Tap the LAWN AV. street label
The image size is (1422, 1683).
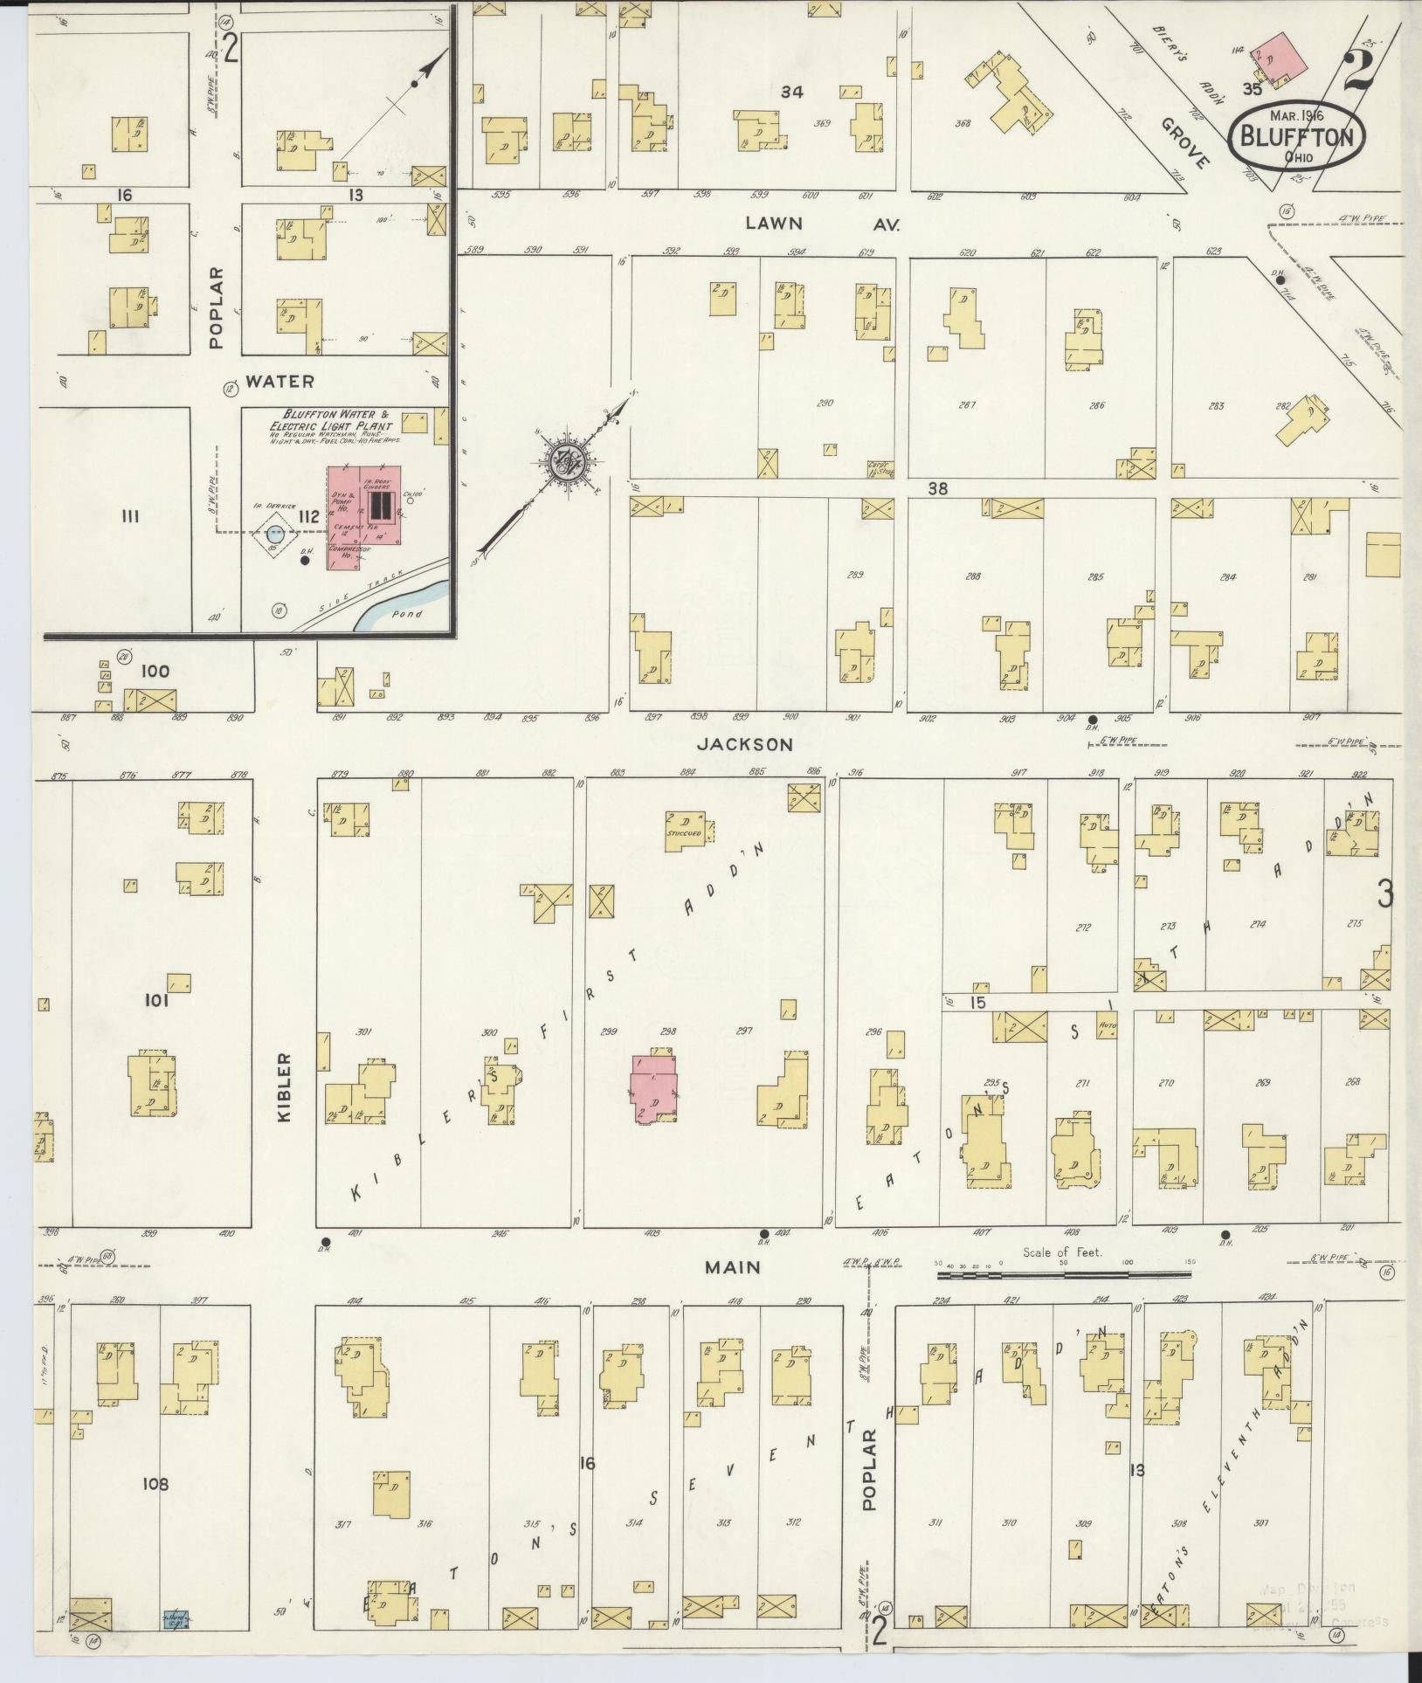click(x=821, y=224)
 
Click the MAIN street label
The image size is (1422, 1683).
click(x=734, y=1266)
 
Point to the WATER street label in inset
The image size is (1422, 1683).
click(x=279, y=382)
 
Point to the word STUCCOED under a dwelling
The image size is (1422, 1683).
click(x=684, y=833)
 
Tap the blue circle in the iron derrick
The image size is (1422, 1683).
click(x=275, y=531)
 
